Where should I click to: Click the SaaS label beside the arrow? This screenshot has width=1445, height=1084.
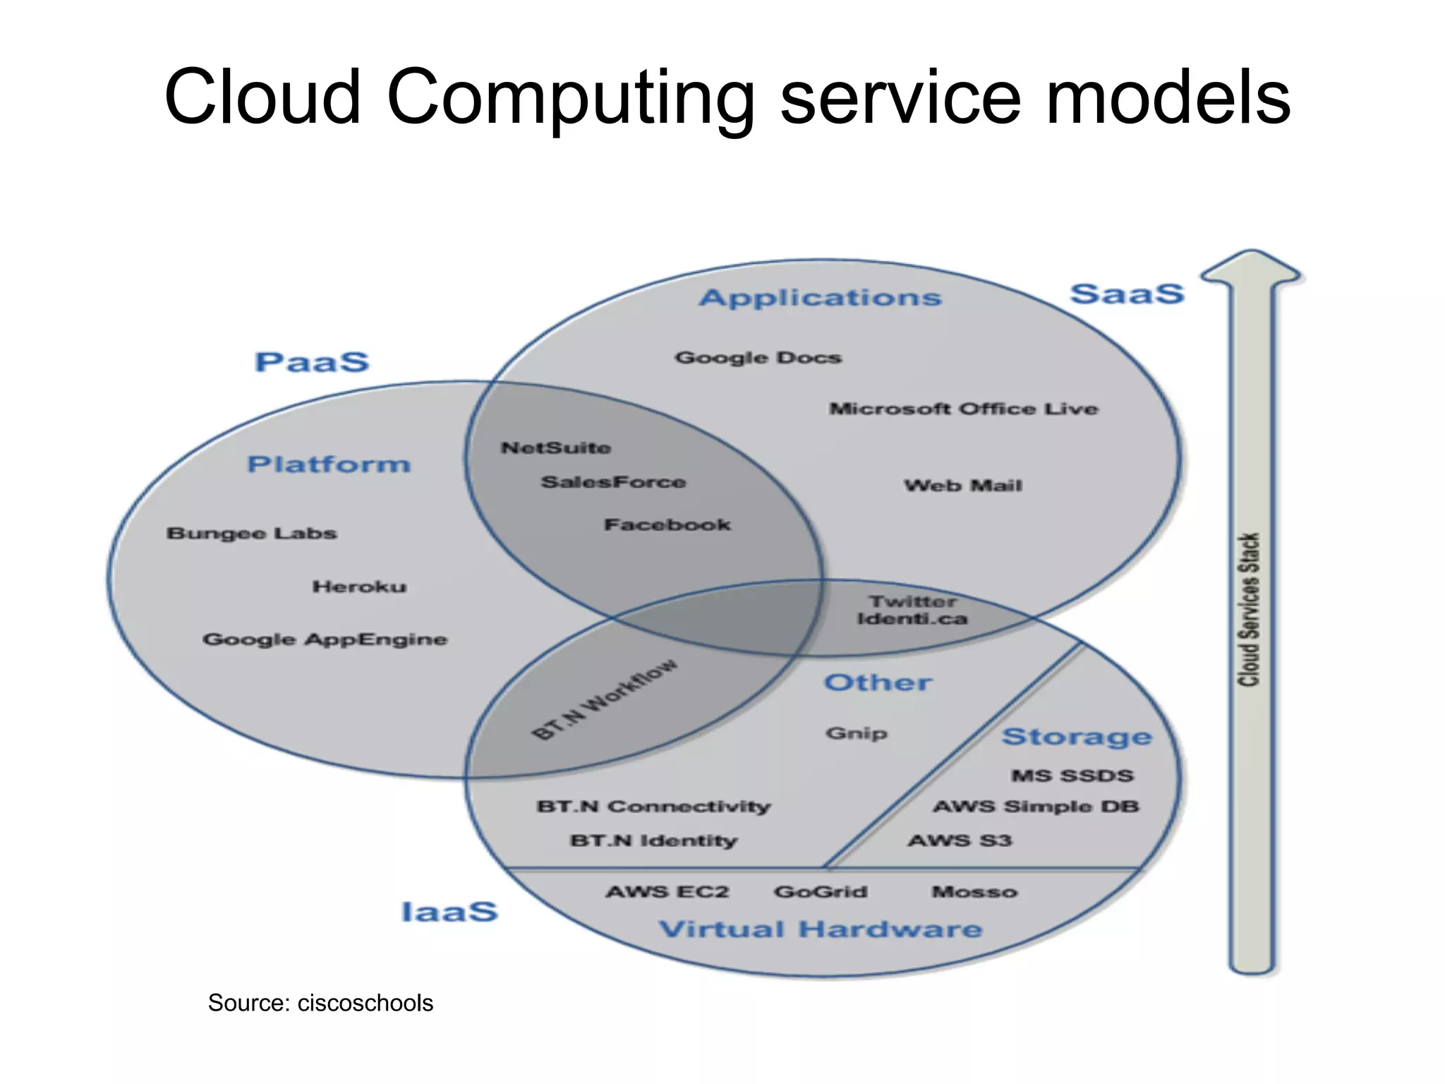1127,295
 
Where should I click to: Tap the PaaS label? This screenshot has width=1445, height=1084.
312,363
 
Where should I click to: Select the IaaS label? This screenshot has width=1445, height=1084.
449,912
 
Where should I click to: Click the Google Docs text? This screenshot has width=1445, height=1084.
758,358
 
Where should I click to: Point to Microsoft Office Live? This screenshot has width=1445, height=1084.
963,409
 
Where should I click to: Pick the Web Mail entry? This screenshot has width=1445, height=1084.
962,486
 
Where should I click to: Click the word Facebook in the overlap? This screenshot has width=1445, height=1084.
667,525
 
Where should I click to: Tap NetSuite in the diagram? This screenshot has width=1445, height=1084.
556,448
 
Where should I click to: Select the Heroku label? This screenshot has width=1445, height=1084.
359,587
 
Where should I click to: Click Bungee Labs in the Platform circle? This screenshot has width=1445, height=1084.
252,534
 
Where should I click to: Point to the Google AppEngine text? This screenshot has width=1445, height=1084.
325,639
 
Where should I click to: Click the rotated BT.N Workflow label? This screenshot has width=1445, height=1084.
605,699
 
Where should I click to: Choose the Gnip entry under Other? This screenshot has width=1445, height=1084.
856,733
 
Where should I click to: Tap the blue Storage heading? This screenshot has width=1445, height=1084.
1077,737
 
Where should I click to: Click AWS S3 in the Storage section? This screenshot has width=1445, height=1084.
960,841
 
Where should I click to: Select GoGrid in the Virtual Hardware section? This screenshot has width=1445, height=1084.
821,892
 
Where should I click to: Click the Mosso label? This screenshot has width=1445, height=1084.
974,892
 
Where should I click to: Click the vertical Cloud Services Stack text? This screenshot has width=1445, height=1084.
1249,609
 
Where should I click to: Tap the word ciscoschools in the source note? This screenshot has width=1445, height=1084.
365,1003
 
